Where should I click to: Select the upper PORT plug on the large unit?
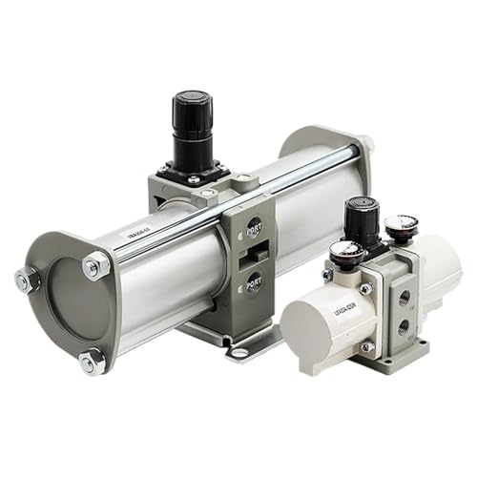(x=254, y=229)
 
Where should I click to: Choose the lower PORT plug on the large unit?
(x=254, y=282)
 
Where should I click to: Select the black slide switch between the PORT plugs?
(x=253, y=256)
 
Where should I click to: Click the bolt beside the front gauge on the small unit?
(x=366, y=287)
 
